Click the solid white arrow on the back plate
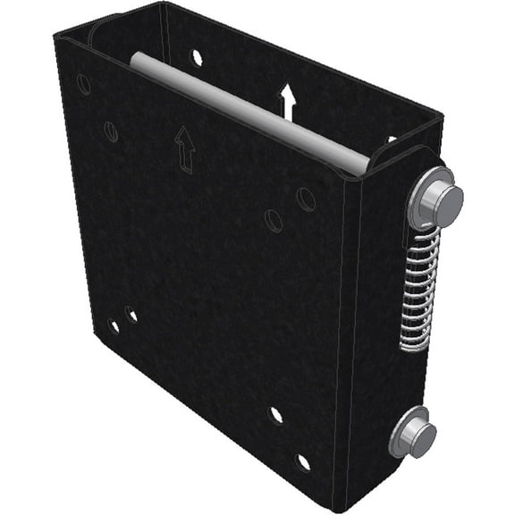coord(287,101)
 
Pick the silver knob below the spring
coord(413,434)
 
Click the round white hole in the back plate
coord(197,57)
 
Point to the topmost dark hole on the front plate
coord(83,85)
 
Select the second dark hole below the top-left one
coord(111,131)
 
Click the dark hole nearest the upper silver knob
coord(307,198)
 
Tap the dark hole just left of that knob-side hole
coord(274,220)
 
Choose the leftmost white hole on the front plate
coord(114,326)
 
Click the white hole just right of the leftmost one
coord(132,315)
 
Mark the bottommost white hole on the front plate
coord(304,461)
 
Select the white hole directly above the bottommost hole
coord(275,415)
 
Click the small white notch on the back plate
coord(391,139)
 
